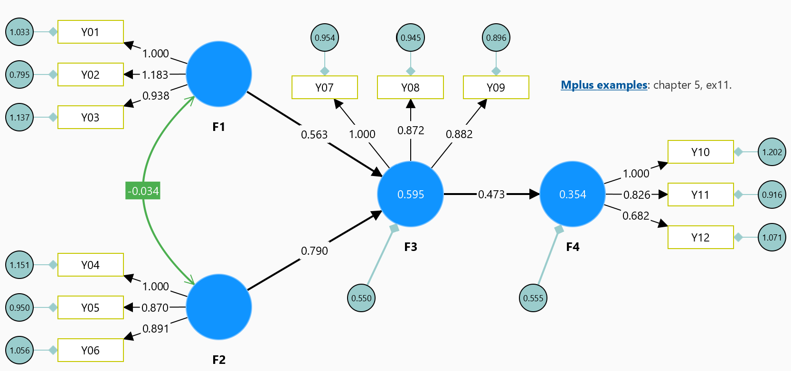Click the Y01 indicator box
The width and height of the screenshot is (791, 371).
coord(91,32)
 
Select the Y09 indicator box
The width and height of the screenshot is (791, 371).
coord(496,87)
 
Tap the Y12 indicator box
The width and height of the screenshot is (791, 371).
coord(700,237)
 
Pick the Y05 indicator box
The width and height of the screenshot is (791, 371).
coord(91,307)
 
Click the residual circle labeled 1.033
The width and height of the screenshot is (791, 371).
coord(19,32)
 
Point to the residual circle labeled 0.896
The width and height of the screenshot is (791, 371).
coord(496,37)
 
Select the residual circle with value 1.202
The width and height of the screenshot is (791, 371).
coord(772,152)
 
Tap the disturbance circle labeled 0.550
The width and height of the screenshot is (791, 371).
coord(361,298)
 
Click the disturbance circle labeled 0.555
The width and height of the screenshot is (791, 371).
coord(533,298)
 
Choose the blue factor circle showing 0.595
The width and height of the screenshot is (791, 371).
coord(410,194)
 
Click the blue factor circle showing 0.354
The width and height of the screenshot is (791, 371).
coord(573,194)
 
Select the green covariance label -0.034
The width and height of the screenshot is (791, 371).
coord(143,191)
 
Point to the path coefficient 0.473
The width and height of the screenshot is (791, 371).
coord(491,195)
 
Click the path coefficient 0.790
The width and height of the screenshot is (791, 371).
coord(314,251)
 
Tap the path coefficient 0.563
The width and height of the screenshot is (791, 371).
coord(314,135)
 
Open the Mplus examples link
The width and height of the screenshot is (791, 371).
coord(604,85)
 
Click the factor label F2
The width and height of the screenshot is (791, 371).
coord(219,360)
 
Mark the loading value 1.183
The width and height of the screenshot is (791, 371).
coord(155,75)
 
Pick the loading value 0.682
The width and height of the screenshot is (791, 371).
coord(636,216)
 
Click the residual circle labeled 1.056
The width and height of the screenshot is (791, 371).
coord(19,350)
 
